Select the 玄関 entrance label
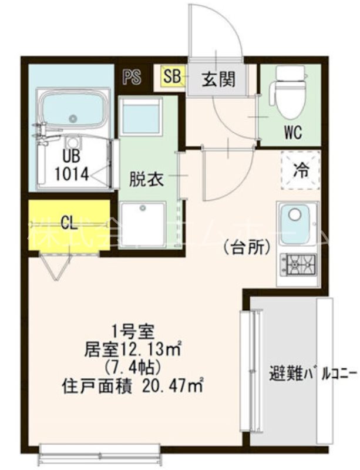tap(219, 79)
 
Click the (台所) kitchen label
tap(247, 247)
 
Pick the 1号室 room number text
tap(133, 330)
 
